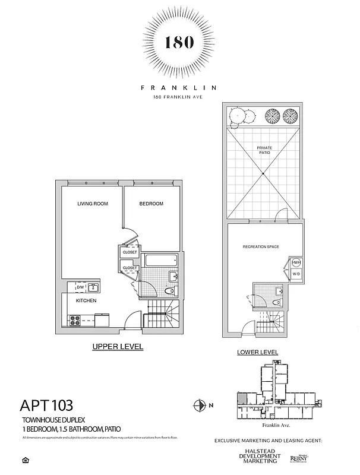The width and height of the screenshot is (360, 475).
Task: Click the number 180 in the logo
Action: (x=179, y=43)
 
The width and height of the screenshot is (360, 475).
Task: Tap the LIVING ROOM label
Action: (x=92, y=204)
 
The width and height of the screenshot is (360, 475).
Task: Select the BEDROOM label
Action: (x=151, y=204)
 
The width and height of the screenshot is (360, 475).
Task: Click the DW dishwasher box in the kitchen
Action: (x=80, y=287)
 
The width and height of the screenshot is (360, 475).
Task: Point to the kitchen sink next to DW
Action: (x=93, y=287)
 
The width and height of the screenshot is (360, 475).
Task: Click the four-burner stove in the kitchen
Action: (x=76, y=320)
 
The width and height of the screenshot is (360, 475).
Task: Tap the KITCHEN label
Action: (x=86, y=301)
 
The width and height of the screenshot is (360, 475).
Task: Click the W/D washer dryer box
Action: (x=296, y=274)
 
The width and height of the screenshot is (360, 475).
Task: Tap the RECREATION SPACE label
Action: (x=261, y=246)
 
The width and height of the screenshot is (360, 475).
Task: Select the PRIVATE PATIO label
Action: (x=264, y=150)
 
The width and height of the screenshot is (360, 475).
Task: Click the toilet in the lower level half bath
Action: (x=275, y=303)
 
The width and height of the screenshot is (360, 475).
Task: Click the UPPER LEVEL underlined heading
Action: (x=118, y=346)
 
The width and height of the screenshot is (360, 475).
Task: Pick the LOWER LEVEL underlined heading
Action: (x=257, y=352)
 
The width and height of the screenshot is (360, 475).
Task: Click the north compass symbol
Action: (x=199, y=406)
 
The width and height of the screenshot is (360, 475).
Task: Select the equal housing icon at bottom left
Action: (x=24, y=460)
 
